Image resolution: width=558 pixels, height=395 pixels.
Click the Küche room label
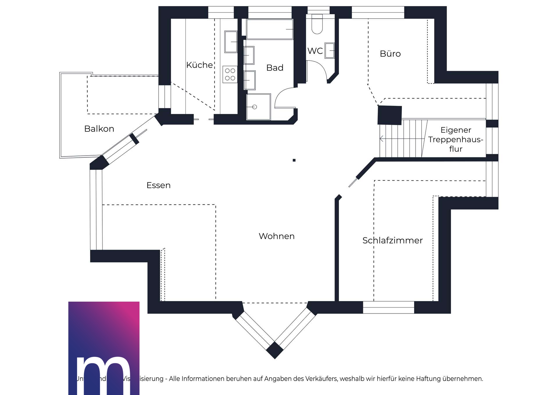coord(199,65)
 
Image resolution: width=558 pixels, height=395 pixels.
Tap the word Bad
coord(275,68)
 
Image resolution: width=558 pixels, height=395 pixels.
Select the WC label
coord(315,51)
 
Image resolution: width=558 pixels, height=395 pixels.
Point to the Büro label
coord(390,54)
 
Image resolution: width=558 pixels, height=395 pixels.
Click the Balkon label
coord(99,129)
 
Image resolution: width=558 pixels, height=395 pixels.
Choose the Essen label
coord(158,185)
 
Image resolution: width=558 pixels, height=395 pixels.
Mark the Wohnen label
coord(277,236)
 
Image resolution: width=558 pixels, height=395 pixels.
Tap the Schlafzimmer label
coord(392,240)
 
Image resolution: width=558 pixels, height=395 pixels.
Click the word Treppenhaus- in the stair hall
coord(455,140)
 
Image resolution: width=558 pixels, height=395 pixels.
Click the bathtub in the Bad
coord(269,29)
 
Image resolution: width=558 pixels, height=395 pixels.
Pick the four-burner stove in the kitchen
coord(230,74)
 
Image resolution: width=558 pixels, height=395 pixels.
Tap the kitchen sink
coord(231,42)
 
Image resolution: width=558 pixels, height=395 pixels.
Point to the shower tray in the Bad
coord(258,107)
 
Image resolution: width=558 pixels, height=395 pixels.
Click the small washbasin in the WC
coord(330,51)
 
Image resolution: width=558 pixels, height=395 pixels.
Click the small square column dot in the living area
coord(294,160)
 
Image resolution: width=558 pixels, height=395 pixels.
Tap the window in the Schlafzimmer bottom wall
coord(388,307)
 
